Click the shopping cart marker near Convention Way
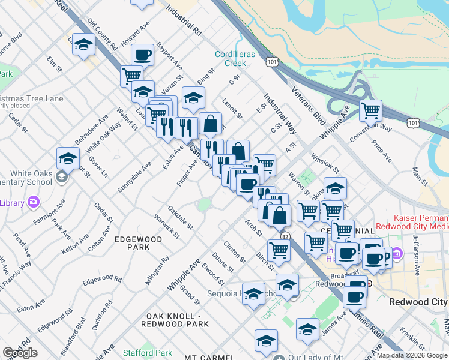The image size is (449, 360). (x=371, y=110)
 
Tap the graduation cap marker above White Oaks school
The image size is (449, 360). (x=68, y=159)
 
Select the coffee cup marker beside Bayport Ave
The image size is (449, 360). (x=142, y=56)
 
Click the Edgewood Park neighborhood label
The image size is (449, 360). (x=139, y=243)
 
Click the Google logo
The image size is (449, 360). (x=20, y=353)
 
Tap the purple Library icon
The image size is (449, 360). (x=33, y=202)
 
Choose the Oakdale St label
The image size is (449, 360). (x=180, y=218)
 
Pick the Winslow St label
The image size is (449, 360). (x=325, y=164)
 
